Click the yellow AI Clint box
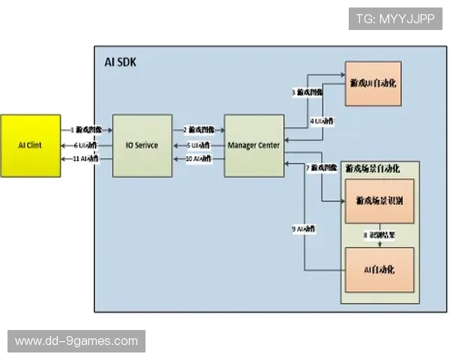31,145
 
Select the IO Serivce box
142,145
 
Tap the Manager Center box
254,145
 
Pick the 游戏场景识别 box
379,202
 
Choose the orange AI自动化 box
379,268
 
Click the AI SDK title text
121,62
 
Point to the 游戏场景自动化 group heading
373,169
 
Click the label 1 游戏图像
86,130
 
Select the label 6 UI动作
86,145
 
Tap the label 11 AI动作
86,159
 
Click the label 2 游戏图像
199,130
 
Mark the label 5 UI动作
199,145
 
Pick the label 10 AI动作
199,159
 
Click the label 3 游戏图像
307,92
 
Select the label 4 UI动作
322,121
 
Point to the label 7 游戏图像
322,167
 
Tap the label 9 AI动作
303,228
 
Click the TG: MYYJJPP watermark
395,19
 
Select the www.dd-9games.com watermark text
76,341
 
